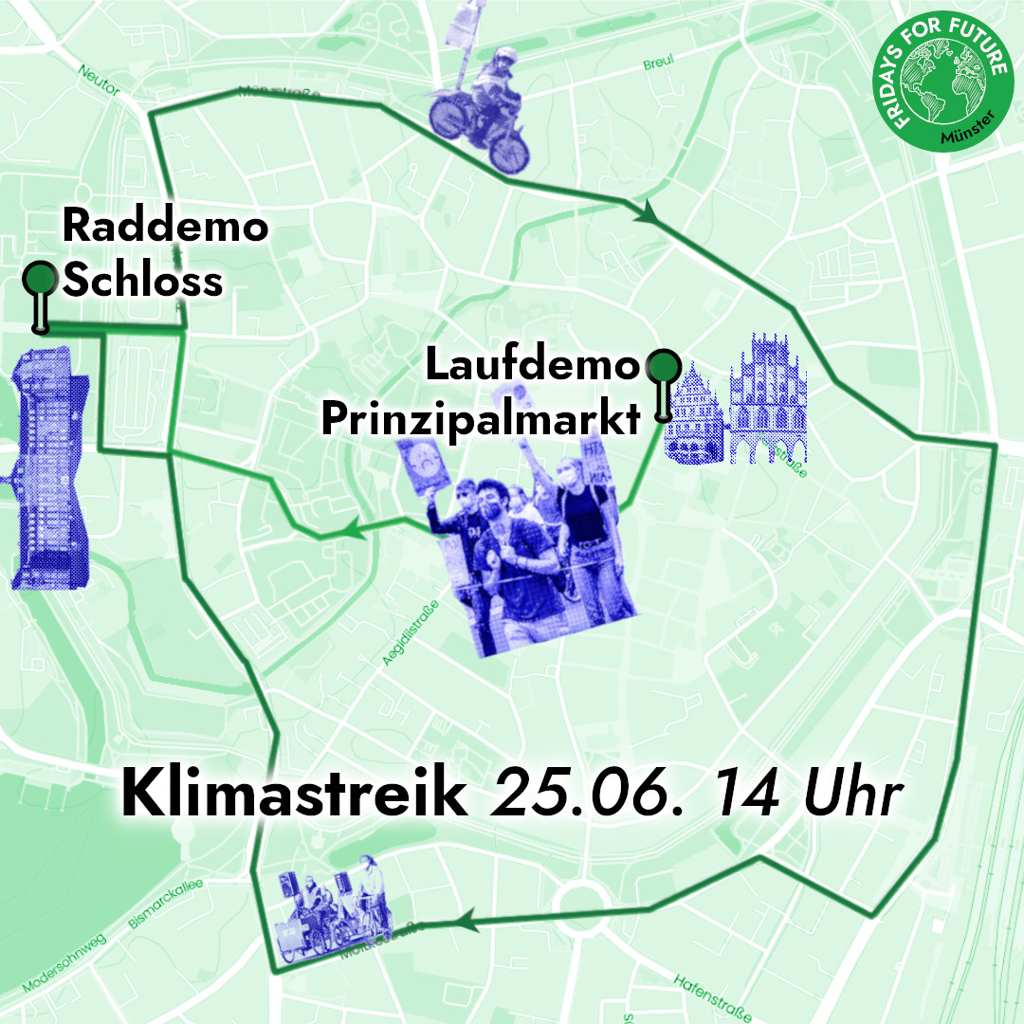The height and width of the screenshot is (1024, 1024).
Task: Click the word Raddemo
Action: tap(165, 227)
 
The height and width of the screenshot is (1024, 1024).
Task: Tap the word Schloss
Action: tap(142, 281)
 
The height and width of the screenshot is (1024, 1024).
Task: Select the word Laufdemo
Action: tap(533, 365)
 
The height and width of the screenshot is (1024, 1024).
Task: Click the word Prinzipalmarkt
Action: tap(481, 420)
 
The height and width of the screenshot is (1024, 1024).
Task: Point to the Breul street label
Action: tap(658, 63)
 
